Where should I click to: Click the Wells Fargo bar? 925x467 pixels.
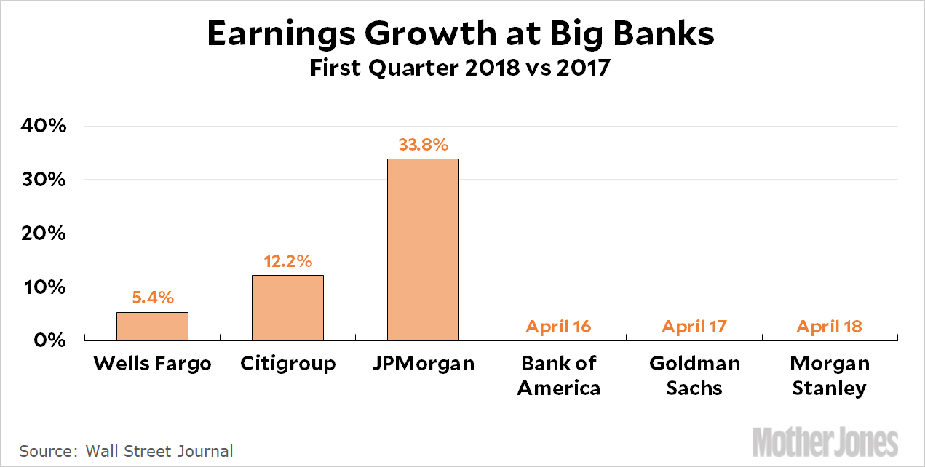tap(152, 326)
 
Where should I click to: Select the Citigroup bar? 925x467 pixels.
tap(287, 308)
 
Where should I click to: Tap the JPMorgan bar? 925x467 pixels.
tap(423, 250)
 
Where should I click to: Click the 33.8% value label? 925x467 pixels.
tap(423, 145)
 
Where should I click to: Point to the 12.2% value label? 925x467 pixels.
tap(287, 261)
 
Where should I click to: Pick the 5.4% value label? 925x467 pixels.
tap(153, 298)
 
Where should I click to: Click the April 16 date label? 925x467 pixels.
tap(558, 327)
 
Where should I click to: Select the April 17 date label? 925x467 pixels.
tap(694, 327)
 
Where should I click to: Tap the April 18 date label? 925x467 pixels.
tap(829, 327)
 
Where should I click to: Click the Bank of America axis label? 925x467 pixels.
tap(558, 375)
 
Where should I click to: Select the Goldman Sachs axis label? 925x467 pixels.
tap(694, 375)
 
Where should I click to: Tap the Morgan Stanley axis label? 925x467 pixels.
tap(830, 375)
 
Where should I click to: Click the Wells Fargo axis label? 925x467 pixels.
tap(152, 363)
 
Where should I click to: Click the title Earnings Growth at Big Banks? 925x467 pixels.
tap(461, 35)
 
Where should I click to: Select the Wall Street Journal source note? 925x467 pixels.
tap(127, 451)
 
